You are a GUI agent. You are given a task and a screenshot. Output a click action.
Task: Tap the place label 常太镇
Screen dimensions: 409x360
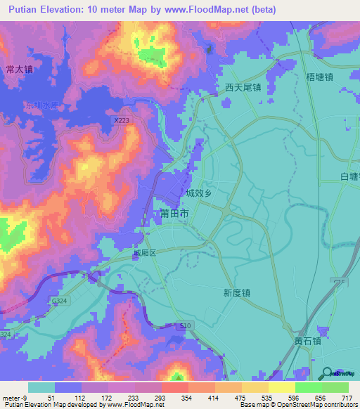19,70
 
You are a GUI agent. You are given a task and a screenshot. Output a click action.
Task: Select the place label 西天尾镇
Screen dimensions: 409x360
243,88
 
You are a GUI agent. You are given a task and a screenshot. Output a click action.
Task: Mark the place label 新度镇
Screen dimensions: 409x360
238,293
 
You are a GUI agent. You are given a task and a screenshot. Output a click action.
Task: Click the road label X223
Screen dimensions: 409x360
122,121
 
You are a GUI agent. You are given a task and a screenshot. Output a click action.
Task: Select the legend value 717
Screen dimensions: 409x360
347,398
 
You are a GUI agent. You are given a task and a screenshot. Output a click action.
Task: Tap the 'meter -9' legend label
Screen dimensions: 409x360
15,398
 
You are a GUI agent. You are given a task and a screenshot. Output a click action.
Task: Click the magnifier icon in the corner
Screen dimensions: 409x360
327,372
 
